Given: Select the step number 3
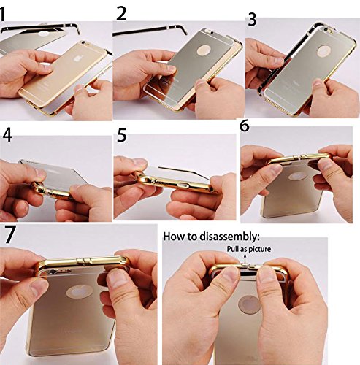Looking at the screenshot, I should (253, 18).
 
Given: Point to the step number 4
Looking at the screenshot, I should (7, 136).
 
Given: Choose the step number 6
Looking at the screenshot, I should (245, 126).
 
